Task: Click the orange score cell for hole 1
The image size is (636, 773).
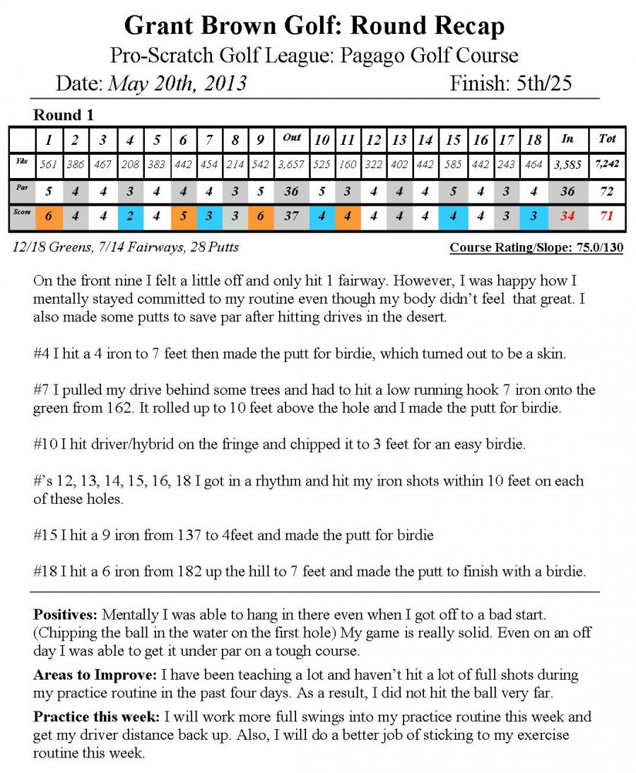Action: click(x=48, y=217)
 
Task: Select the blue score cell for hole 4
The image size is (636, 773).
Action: click(x=130, y=217)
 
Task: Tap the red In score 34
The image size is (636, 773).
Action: click(x=567, y=217)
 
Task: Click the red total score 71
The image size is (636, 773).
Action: click(x=607, y=217)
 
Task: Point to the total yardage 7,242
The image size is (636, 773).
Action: click(x=607, y=164)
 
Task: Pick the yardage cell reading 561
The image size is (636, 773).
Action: click(x=48, y=165)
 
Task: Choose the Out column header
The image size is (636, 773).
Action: click(x=291, y=138)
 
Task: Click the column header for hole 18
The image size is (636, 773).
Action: click(x=534, y=139)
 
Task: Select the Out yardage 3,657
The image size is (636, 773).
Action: click(x=291, y=165)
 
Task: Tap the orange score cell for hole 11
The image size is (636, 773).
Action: click(x=347, y=217)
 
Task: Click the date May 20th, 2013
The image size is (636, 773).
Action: click(x=177, y=83)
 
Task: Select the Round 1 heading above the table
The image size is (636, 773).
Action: click(x=64, y=115)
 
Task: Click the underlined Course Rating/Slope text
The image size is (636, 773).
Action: click(x=536, y=248)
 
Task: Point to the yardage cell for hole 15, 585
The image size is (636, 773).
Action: click(x=453, y=165)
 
